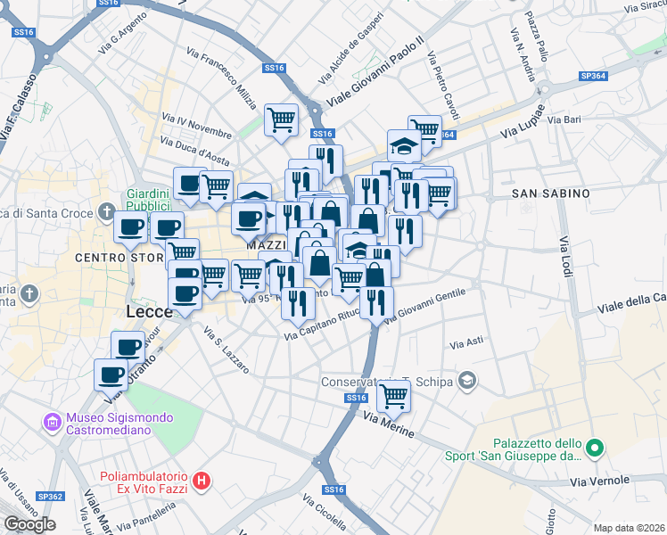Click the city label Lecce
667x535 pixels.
(x=149, y=313)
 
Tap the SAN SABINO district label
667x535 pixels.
(x=551, y=193)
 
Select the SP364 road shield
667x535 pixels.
(x=593, y=77)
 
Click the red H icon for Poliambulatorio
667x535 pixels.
(x=202, y=481)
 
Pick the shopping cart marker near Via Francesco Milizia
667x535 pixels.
(x=282, y=119)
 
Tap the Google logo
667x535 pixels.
(x=29, y=523)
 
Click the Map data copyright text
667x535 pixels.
(x=629, y=528)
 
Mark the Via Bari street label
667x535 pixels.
(x=565, y=119)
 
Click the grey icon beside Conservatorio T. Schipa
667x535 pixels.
(x=466, y=382)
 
